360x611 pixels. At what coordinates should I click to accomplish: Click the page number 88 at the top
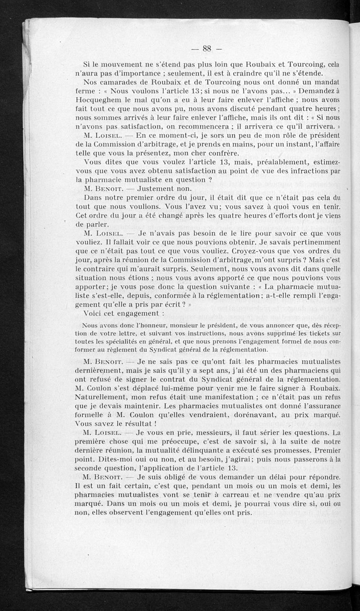207,49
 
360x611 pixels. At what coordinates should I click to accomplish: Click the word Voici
94,313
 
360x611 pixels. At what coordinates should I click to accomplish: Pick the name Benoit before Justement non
104,188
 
